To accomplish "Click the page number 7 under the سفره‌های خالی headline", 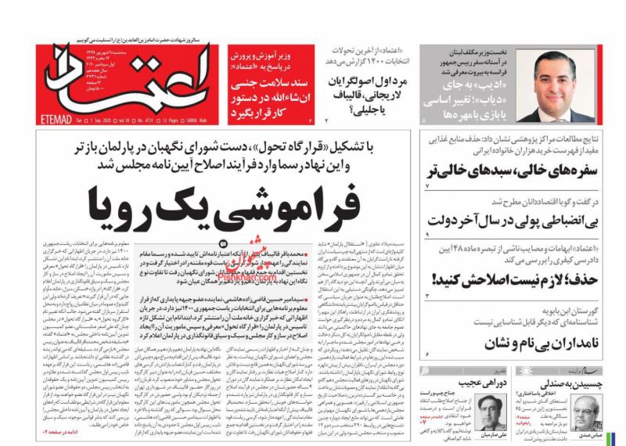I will tap(427, 188).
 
